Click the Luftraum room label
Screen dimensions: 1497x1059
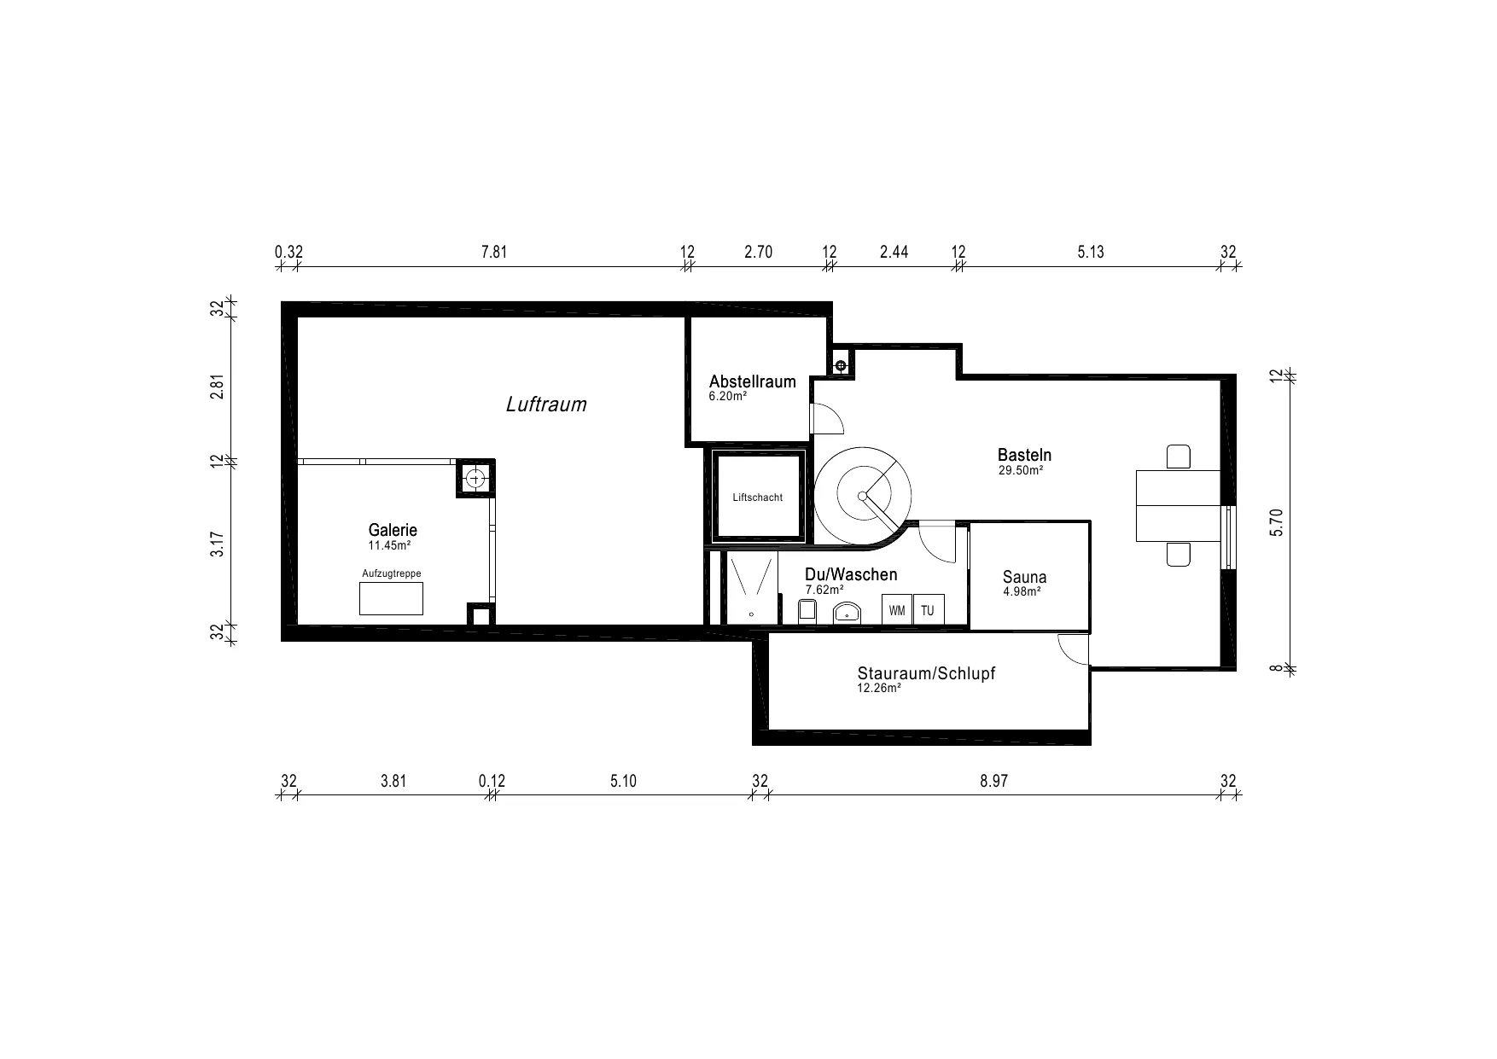(546, 404)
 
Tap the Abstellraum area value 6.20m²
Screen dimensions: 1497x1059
(728, 396)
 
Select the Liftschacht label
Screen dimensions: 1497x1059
(758, 497)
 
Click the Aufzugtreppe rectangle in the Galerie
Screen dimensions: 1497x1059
(391, 598)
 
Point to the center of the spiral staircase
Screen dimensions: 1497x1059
(862, 496)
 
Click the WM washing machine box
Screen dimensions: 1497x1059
(897, 610)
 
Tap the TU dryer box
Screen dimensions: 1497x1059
(928, 610)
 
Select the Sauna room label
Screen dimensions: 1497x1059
(1024, 578)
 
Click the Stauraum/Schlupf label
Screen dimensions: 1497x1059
(926, 673)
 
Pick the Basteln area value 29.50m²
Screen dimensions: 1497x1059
(1021, 470)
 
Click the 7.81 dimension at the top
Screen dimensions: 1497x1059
(494, 252)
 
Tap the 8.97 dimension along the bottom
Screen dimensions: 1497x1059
(994, 781)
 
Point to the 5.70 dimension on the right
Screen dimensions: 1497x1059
(1277, 522)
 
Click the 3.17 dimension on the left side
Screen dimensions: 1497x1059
(218, 544)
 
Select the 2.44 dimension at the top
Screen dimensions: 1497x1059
(894, 252)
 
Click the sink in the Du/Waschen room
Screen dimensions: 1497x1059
(846, 613)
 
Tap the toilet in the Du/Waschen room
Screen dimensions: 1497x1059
(807, 611)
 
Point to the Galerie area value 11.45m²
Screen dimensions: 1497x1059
(389, 544)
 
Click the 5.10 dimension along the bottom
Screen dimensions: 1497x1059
(623, 781)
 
